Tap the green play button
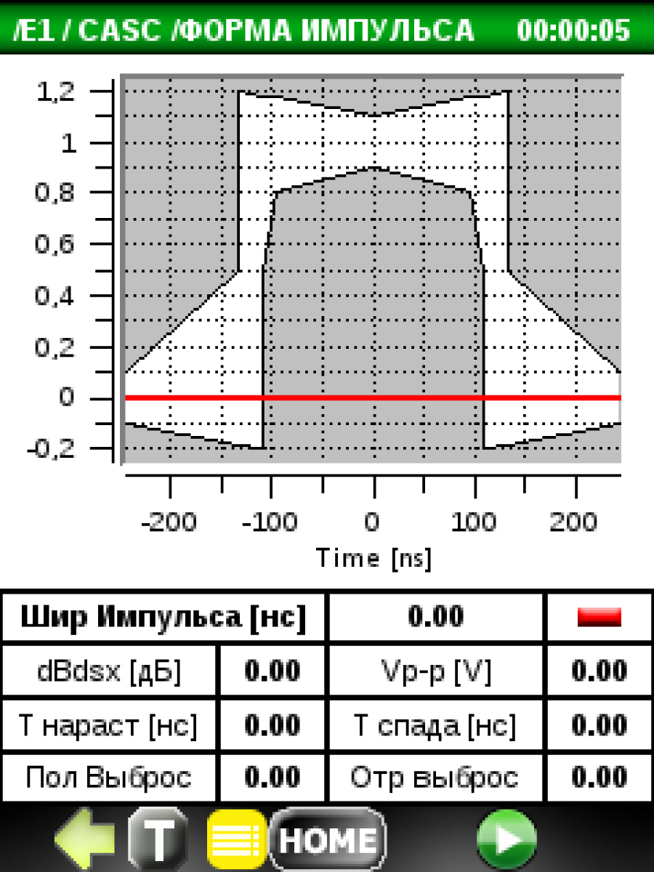[x=506, y=839]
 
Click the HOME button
[x=328, y=839]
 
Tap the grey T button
[x=158, y=839]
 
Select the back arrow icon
[x=84, y=839]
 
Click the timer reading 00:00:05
[x=573, y=30]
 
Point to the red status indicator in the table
[x=599, y=617]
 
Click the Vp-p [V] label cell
[x=435, y=671]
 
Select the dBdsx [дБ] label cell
[x=109, y=671]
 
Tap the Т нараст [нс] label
[x=108, y=725]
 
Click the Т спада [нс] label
[x=435, y=725]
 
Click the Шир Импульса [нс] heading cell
[x=163, y=617]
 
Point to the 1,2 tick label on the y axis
[x=56, y=92]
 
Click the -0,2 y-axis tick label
[x=51, y=449]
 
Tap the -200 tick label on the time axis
[x=169, y=522]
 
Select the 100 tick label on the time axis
[x=474, y=522]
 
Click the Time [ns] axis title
[x=374, y=559]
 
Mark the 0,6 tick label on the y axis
[x=54, y=243]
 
